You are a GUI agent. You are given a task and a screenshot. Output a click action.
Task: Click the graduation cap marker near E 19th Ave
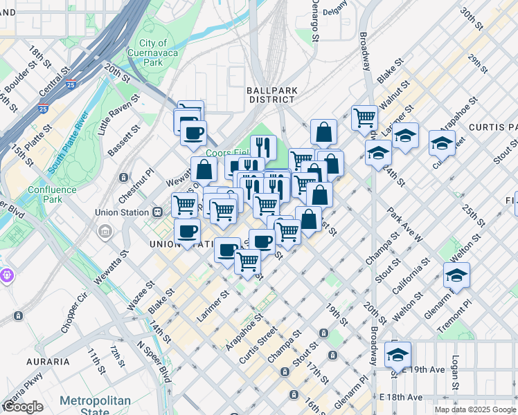tap(398, 354)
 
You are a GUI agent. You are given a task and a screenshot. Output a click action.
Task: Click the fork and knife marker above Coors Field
tap(263, 146)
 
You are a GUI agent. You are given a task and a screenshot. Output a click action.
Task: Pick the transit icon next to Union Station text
tap(157, 212)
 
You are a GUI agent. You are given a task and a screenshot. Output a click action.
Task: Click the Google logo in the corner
tap(23, 407)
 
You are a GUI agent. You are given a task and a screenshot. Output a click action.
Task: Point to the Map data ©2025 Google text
tap(475, 409)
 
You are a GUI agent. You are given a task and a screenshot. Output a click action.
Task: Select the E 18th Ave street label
tap(400, 397)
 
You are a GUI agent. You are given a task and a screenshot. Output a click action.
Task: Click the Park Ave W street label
tap(405, 225)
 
